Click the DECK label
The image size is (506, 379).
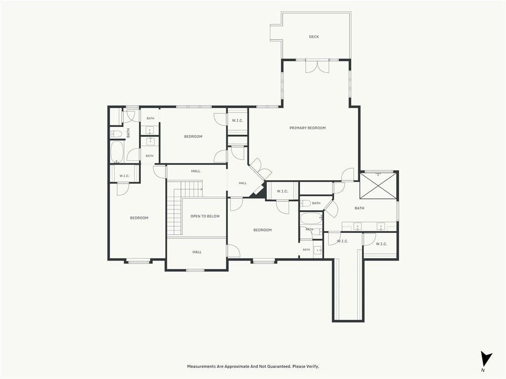(x=314, y=37)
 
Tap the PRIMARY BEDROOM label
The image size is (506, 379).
(x=307, y=128)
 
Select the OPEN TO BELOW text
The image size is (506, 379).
(x=205, y=216)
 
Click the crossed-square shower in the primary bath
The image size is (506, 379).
(x=378, y=186)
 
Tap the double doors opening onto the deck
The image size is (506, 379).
(x=317, y=66)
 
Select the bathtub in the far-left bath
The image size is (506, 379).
(x=117, y=152)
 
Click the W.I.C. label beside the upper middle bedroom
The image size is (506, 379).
(x=237, y=121)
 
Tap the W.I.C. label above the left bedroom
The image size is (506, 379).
(x=124, y=176)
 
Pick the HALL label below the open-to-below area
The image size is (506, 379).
(x=197, y=252)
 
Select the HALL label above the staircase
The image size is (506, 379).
(x=196, y=171)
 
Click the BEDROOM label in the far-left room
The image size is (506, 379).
(x=139, y=218)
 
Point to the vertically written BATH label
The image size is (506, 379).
(x=128, y=133)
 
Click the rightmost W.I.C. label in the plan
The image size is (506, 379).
(x=381, y=244)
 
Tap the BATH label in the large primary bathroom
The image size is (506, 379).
(x=360, y=208)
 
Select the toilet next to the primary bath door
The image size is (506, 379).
(x=305, y=203)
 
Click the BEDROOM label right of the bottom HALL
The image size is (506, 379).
(x=262, y=230)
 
